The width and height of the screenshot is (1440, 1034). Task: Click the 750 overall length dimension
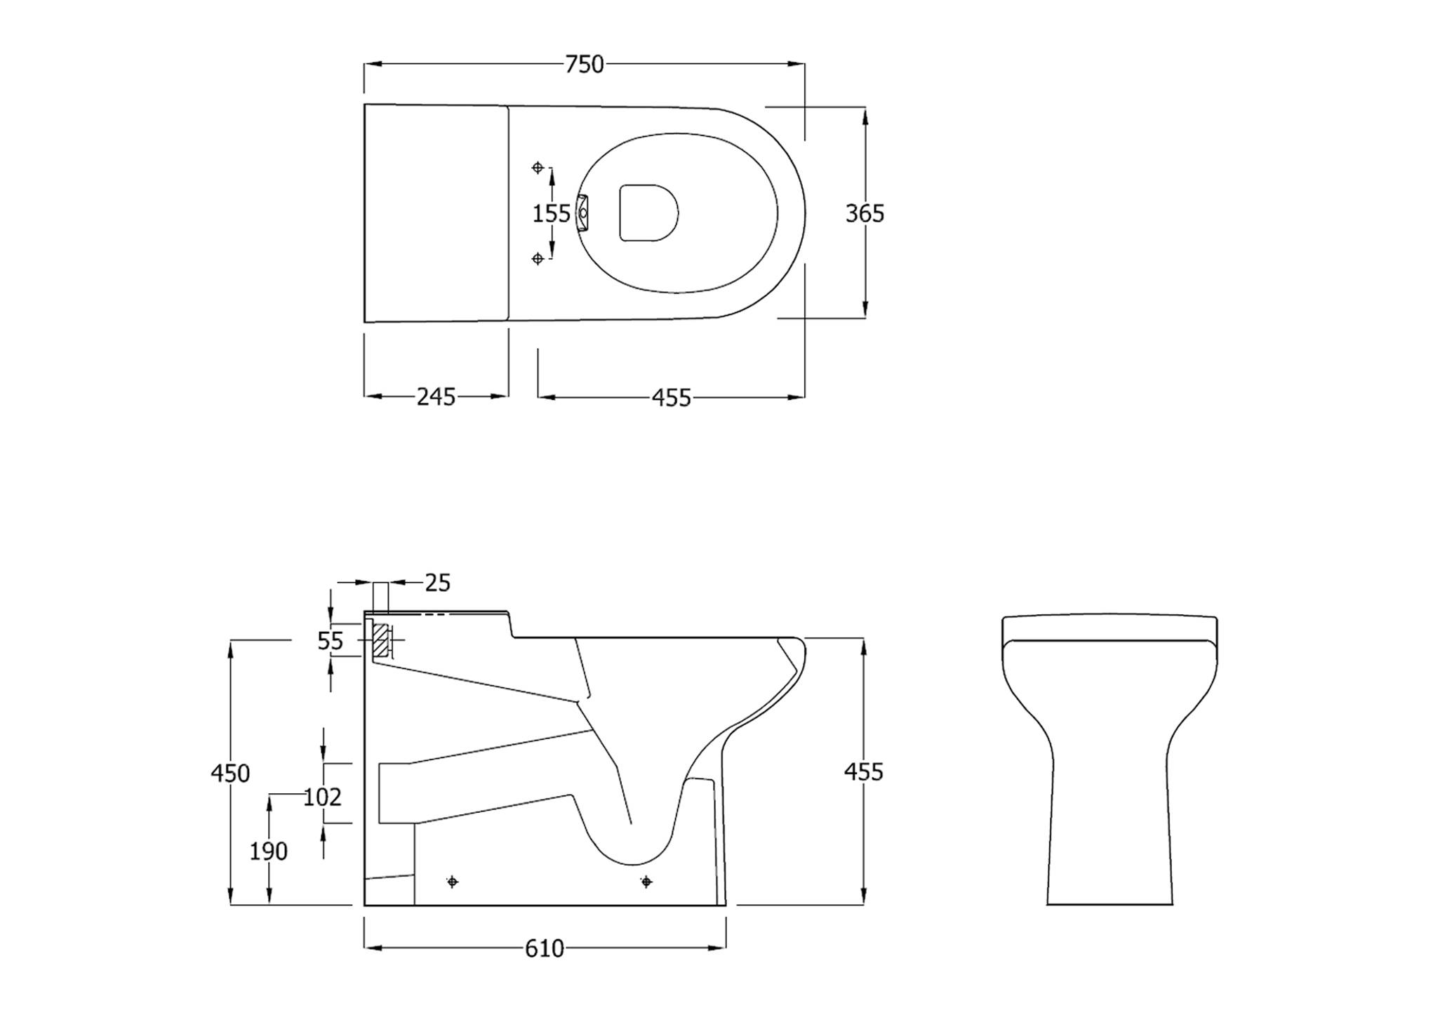click(585, 65)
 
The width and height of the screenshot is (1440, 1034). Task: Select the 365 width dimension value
click(865, 213)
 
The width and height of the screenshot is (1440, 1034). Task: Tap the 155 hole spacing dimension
click(551, 213)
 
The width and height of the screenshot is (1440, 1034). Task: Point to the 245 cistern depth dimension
click(436, 397)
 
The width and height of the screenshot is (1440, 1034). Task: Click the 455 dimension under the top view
click(672, 398)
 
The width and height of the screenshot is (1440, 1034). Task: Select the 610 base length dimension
click(545, 949)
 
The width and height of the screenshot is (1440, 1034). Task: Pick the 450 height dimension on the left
click(230, 774)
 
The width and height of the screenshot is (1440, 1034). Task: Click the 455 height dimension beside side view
click(863, 772)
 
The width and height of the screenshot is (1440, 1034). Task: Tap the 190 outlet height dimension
click(269, 851)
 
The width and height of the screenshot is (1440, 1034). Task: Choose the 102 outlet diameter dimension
click(322, 797)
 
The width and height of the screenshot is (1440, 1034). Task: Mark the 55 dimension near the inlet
click(331, 641)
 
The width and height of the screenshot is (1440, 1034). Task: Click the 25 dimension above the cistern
click(437, 583)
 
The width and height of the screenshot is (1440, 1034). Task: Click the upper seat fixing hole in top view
click(538, 167)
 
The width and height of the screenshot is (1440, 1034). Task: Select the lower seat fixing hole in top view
click(538, 259)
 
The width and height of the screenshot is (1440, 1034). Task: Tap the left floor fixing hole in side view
click(453, 882)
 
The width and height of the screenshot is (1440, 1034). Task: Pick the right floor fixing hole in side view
click(646, 882)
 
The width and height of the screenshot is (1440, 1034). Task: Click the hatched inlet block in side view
click(380, 640)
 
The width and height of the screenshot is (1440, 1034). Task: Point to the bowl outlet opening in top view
click(648, 213)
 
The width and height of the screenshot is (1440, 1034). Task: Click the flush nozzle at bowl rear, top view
click(582, 213)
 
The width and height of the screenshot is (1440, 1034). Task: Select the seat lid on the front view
click(1109, 629)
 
